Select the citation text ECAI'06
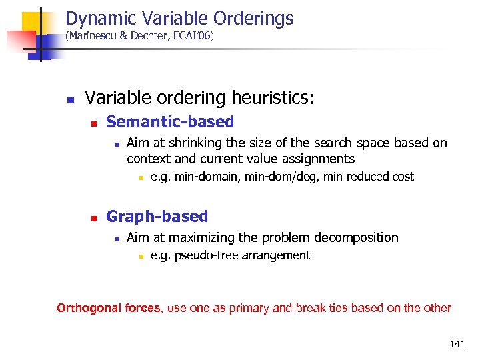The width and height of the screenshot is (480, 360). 191,36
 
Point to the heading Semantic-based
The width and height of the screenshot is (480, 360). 170,122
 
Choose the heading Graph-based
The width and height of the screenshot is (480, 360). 157,217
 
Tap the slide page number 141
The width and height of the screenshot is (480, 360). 457,344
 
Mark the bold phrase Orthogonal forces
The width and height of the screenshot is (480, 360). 109,308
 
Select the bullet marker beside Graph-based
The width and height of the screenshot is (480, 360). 94,218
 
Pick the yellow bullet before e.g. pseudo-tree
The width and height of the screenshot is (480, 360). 141,256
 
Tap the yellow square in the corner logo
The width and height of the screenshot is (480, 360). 31,22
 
